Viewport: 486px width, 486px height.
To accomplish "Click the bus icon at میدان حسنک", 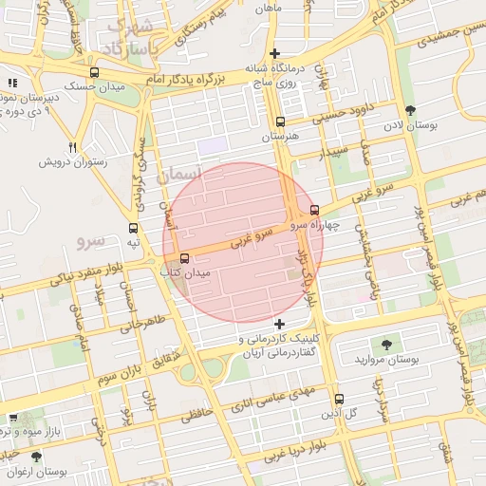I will pyautogui.click(x=93, y=72).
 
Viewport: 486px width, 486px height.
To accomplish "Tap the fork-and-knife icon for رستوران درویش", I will pyautogui.click(x=73, y=147).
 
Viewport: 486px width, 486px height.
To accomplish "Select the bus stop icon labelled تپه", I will pyautogui.click(x=133, y=228).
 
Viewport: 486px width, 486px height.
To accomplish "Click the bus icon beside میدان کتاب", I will pyautogui.click(x=184, y=257).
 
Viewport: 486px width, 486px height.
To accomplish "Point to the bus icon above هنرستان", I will pyautogui.click(x=279, y=121).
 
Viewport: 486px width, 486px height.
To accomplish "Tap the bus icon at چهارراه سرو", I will pyautogui.click(x=314, y=211).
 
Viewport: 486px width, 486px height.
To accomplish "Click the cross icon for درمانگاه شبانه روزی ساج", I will pyautogui.click(x=275, y=53).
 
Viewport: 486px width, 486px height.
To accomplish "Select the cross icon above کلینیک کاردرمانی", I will pyautogui.click(x=278, y=324).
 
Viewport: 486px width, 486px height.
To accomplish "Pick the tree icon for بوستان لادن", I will pyautogui.click(x=409, y=110).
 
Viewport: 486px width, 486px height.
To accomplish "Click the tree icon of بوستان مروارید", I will pyautogui.click(x=385, y=345).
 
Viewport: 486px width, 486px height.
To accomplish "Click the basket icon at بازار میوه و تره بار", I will pyautogui.click(x=13, y=417).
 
